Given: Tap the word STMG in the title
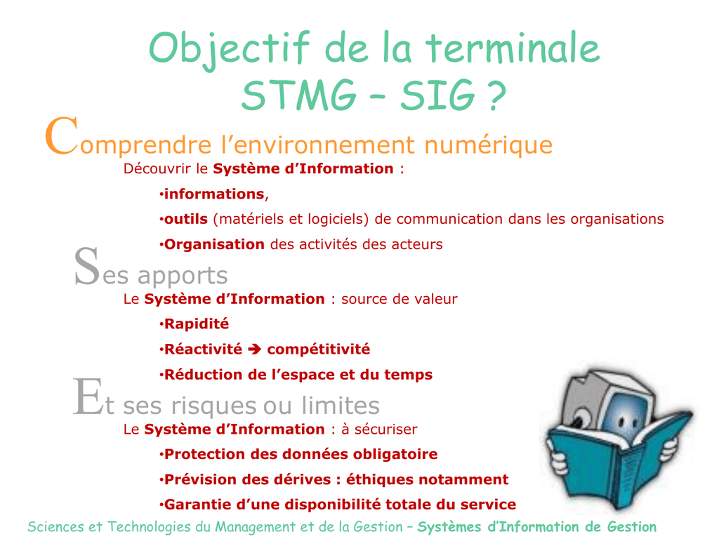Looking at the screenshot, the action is (299, 95).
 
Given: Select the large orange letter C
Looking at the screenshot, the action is (62, 136).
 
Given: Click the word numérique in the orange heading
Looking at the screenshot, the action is (489, 145).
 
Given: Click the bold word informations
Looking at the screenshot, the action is (214, 194).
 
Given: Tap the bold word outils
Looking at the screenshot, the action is (185, 219).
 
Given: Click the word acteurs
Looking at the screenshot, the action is (417, 244).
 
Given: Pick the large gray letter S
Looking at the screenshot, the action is (86, 266).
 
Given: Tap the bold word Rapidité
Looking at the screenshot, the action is (197, 324).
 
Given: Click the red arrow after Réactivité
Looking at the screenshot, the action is (254, 350).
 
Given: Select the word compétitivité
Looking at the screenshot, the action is (318, 350).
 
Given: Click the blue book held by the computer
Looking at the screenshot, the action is (619, 458).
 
